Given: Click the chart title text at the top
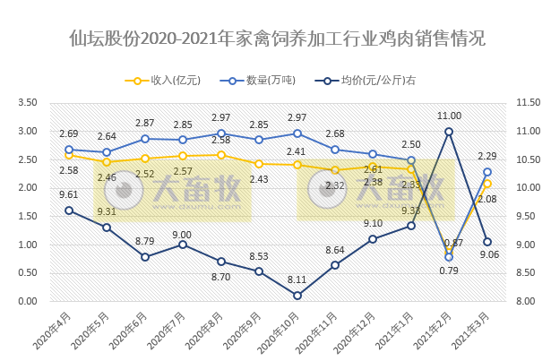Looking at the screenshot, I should pos(276,39).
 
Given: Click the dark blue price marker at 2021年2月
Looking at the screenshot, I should pos(449,132).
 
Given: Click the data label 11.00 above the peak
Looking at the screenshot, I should pos(449,116).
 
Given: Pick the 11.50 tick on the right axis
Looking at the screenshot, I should pos(519,104).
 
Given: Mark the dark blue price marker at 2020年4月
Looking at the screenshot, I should pos(69,211).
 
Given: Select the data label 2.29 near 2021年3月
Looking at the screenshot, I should pos(488,157).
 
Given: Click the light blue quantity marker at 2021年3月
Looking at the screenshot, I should pos(487,172).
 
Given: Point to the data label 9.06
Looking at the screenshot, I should pos(488,255).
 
